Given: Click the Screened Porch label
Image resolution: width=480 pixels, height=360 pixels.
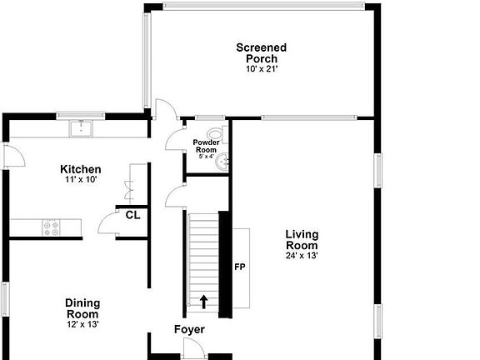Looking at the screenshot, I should pyautogui.click(x=261, y=52).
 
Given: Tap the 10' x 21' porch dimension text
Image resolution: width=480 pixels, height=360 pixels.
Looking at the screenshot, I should pyautogui.click(x=261, y=69).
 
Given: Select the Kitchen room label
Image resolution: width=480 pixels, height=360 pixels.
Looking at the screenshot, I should pyautogui.click(x=81, y=169).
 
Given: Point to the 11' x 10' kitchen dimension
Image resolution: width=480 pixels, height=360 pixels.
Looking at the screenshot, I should pyautogui.click(x=81, y=180).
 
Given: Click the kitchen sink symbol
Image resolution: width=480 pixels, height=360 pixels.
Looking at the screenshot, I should pyautogui.click(x=81, y=127).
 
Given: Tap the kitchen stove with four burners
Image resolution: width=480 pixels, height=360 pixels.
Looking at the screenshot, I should pyautogui.click(x=52, y=225).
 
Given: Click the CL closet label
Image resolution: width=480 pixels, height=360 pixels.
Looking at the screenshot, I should pyautogui.click(x=132, y=214).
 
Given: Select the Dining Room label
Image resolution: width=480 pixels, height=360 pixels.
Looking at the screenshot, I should pyautogui.click(x=82, y=308).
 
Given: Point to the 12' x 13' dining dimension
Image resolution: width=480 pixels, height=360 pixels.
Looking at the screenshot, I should pyautogui.click(x=82, y=325).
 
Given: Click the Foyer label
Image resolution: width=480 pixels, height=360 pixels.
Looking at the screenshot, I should pyautogui.click(x=189, y=330).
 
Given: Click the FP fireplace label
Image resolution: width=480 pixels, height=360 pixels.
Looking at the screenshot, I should pyautogui.click(x=239, y=267).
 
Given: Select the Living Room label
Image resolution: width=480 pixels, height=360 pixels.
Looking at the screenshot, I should pyautogui.click(x=301, y=240).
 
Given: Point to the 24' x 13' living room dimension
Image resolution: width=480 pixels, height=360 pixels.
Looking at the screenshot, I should pyautogui.click(x=301, y=256).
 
